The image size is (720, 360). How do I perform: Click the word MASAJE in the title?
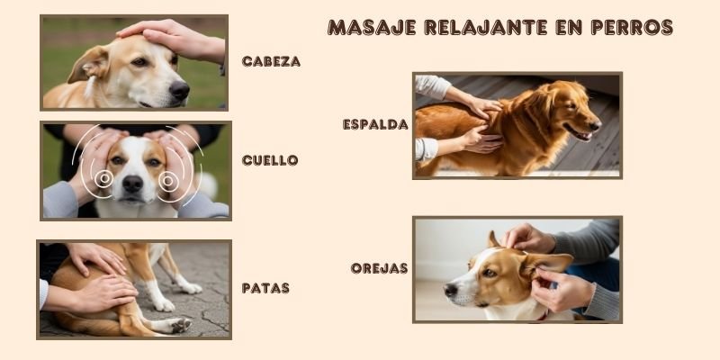coord(372,28)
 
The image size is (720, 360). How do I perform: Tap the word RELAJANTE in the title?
coord(486,28)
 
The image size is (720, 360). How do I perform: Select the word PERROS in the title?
coord(632,28)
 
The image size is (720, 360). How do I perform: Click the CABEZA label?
coord(271,61)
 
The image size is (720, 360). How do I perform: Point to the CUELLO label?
coord(270,160)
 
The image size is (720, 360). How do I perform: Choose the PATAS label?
coord(265,288)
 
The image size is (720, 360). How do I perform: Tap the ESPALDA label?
coord(375,124)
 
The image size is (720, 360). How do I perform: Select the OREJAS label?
coord(379,268)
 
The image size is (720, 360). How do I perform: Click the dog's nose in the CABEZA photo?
coord(179,90)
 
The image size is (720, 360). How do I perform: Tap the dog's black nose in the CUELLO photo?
coord(132,184)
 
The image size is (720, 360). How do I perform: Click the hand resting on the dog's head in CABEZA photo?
coord(172,40)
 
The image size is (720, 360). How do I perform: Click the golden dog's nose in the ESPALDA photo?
coord(596,125)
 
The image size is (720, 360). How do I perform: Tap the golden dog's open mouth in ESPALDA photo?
coord(580,133)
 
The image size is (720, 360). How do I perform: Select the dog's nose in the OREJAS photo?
coord(451,290)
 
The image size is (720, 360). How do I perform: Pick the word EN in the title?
coord(569,28)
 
